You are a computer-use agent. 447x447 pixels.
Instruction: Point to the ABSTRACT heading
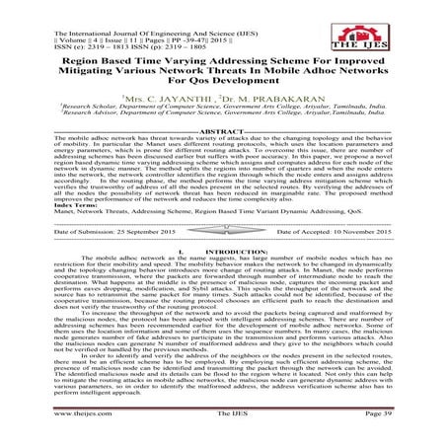223,132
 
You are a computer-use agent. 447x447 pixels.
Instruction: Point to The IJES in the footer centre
223,430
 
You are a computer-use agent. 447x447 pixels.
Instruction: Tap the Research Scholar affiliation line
224,112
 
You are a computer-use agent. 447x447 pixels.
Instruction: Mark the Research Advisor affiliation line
224,119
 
